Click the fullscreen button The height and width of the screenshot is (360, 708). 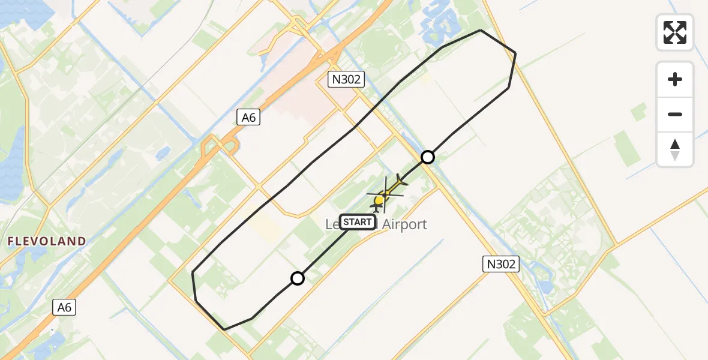(x=675, y=32)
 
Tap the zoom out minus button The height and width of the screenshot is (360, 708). (x=675, y=114)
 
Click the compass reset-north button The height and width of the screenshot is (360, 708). (x=675, y=149)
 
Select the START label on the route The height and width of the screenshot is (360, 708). (x=358, y=223)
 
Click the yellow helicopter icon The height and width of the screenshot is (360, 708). (x=381, y=198)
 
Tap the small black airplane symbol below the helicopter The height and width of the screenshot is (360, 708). (x=377, y=208)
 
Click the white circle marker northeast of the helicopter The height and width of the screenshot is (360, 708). (x=427, y=157)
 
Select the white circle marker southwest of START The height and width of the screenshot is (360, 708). (x=298, y=278)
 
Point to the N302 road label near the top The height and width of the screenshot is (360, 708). (x=346, y=79)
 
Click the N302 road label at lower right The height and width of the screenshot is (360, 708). (x=500, y=263)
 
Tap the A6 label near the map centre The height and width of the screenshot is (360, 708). (x=248, y=118)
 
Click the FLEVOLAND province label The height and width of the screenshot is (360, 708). (x=46, y=241)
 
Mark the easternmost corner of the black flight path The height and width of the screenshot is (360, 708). (x=515, y=53)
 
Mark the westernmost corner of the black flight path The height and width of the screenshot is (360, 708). (x=192, y=272)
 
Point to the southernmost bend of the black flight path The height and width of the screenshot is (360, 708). (x=224, y=329)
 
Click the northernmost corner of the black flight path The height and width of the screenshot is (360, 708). (x=481, y=30)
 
